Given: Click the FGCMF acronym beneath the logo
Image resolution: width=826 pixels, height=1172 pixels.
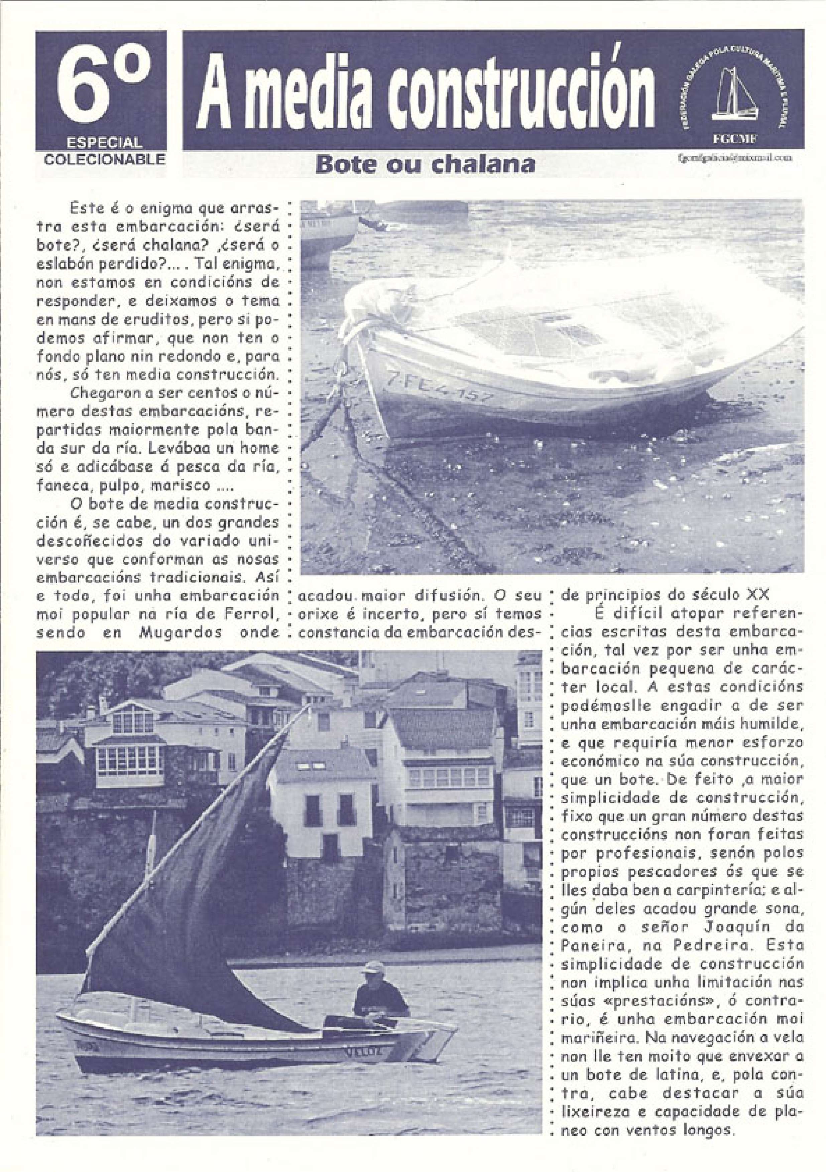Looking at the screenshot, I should (736, 139).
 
